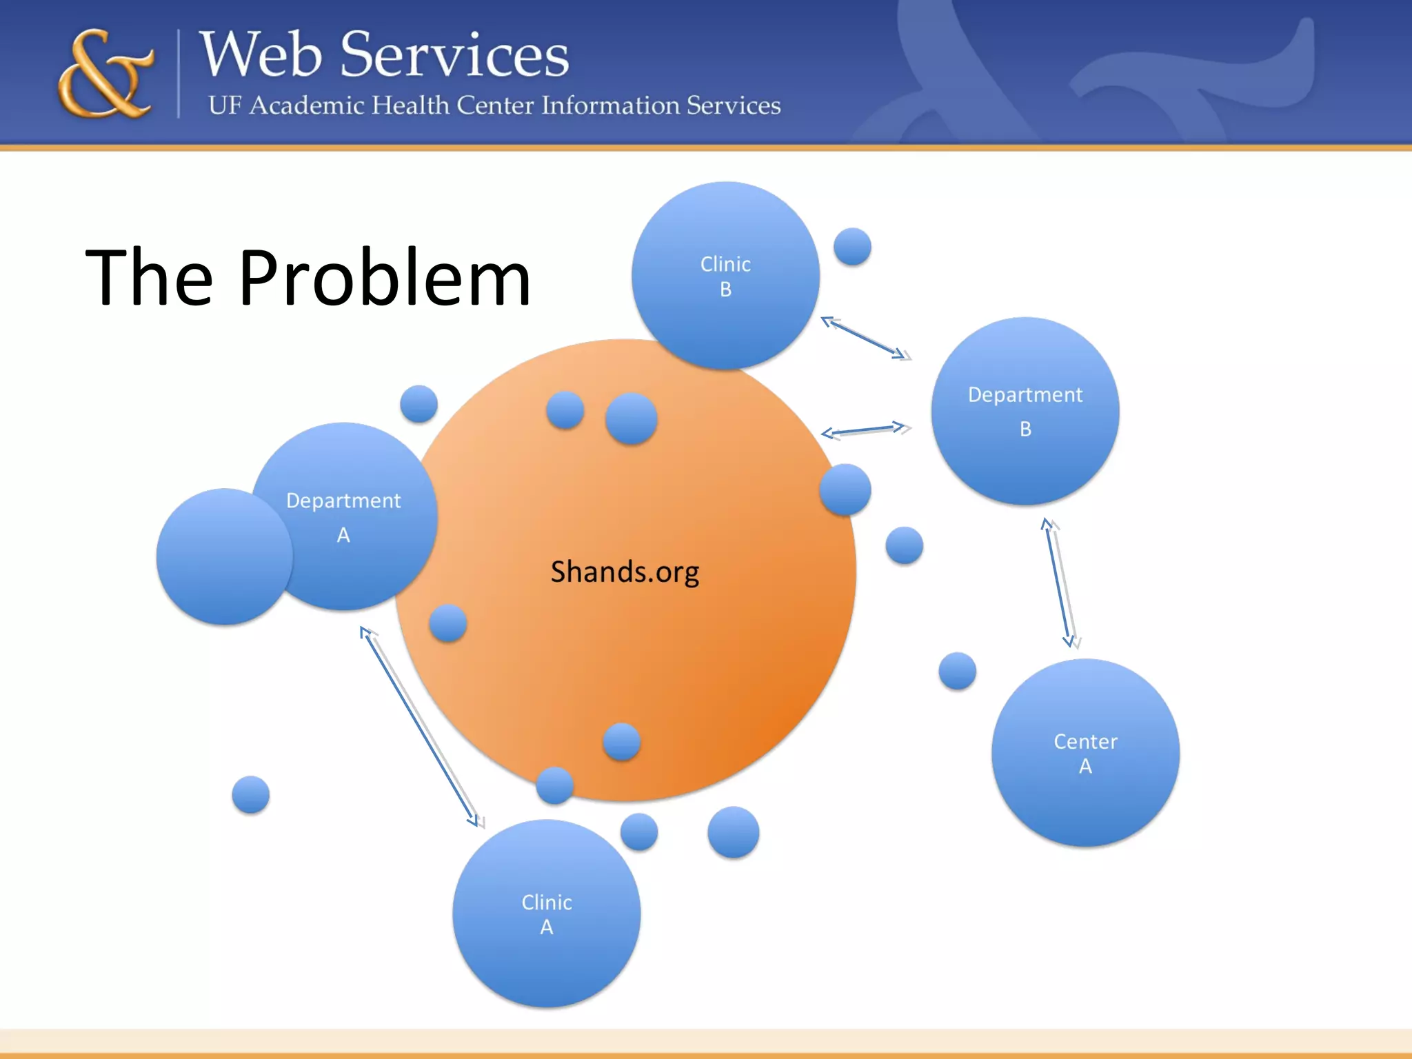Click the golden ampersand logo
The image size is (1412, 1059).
(105, 74)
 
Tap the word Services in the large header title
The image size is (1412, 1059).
(454, 55)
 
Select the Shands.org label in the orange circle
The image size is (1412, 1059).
(625, 572)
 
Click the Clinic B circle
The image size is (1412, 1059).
(725, 276)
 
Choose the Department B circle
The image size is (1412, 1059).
(1025, 412)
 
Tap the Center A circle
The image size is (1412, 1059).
(1085, 753)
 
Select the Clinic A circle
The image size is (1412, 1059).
(547, 914)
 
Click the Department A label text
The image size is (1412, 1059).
(343, 516)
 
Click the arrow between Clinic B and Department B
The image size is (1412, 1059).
(865, 338)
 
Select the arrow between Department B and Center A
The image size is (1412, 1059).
(1059, 583)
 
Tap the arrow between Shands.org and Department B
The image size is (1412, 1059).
(865, 430)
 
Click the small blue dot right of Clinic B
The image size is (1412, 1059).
(852, 246)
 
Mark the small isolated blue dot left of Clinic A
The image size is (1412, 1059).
(250, 794)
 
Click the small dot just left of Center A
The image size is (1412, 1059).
(957, 671)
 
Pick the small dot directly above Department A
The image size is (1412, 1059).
(418, 403)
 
